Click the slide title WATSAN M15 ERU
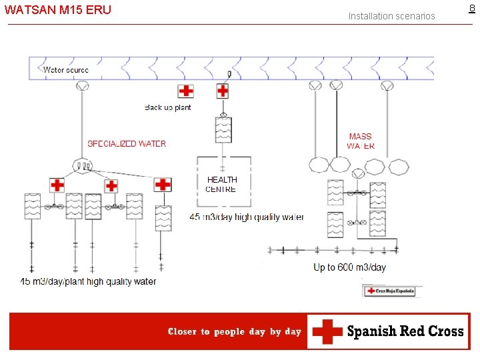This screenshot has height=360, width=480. [x=58, y=10]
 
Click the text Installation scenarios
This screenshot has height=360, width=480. [x=391, y=16]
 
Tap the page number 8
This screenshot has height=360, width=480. [x=473, y=9]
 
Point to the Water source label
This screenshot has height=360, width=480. [x=66, y=69]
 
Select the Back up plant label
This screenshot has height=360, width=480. [x=168, y=107]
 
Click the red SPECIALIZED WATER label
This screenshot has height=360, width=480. [x=127, y=143]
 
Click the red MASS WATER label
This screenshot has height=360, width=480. [x=361, y=141]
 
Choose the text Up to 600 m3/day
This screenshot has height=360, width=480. [x=350, y=267]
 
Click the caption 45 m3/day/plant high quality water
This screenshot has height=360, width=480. [x=89, y=281]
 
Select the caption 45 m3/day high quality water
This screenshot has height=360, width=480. [x=247, y=217]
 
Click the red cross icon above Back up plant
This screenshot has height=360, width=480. [x=186, y=91]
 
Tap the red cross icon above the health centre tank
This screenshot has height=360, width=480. [x=223, y=91]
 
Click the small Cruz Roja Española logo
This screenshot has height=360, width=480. [x=389, y=291]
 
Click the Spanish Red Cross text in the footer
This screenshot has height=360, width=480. [x=405, y=331]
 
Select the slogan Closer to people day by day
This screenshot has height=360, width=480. [x=235, y=331]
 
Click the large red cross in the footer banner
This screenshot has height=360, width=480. [x=327, y=331]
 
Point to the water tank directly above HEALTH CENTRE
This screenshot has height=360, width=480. [x=223, y=129]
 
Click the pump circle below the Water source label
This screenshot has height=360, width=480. [x=83, y=87]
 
